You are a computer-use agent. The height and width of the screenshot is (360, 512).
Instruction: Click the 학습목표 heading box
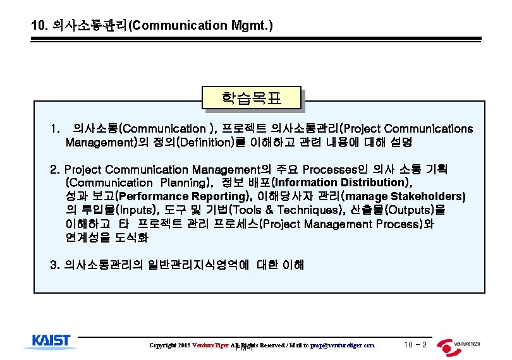pyautogui.click(x=251, y=99)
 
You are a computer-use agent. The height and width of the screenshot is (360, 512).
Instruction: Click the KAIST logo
pyautogui.click(x=52, y=341)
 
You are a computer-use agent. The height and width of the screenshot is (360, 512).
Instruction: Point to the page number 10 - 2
pyautogui.click(x=415, y=345)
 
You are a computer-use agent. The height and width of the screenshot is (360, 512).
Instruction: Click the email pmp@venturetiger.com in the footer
pyautogui.click(x=342, y=345)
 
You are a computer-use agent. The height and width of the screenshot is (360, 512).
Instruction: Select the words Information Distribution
pyautogui.click(x=342, y=183)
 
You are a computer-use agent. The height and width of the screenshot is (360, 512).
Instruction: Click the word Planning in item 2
pyautogui.click(x=183, y=183)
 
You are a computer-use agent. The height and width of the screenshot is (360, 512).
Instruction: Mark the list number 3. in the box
pyautogui.click(x=55, y=265)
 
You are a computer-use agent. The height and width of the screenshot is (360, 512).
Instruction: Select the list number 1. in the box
pyautogui.click(x=56, y=129)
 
